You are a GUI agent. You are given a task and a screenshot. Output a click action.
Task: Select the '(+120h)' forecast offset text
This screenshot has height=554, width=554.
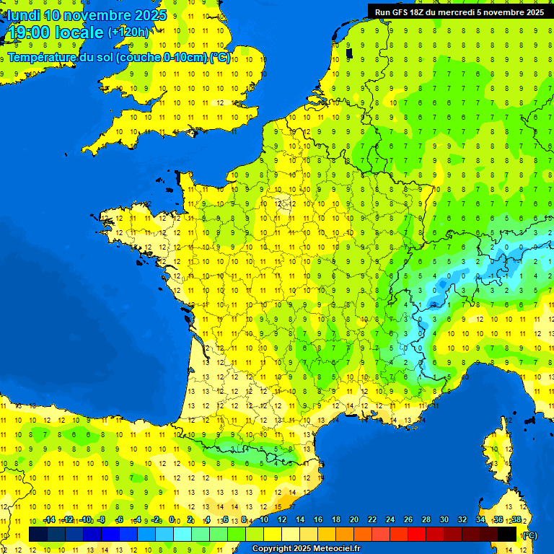coord(128,32)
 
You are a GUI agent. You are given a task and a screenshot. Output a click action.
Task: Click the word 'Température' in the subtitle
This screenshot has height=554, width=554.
coord(43,57)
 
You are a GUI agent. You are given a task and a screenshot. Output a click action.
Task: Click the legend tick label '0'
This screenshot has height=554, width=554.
coord(172,520)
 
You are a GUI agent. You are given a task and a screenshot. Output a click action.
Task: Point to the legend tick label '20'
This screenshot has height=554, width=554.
coord(353,520)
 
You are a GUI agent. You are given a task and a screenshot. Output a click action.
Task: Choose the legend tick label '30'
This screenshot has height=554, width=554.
coord(444,520)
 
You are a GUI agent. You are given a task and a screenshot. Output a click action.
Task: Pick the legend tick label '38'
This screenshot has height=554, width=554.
coord(516,520)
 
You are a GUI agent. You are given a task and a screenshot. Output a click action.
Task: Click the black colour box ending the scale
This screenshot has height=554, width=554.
coord(508,535)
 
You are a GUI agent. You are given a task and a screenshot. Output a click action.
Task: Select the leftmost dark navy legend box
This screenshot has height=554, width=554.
coord(38,535)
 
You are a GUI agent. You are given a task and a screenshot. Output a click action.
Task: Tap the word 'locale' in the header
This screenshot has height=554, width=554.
coord(79,32)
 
